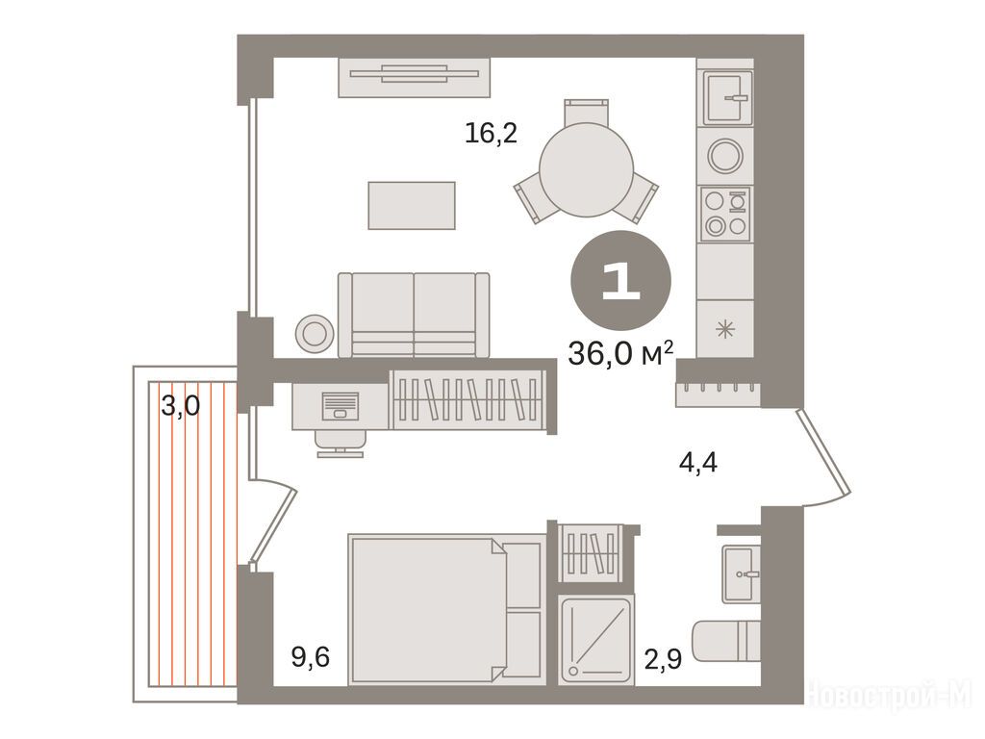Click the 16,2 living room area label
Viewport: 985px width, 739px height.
492,133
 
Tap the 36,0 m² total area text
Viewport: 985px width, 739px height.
620,354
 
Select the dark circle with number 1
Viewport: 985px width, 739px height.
620,280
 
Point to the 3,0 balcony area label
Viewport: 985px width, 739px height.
180,405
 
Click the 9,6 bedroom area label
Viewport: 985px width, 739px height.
311,658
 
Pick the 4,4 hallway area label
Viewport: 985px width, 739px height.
698,463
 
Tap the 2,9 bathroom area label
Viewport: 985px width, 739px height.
664,659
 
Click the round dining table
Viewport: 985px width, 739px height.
587,169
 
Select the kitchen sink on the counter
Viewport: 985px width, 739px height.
727,98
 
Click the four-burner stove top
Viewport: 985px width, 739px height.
726,214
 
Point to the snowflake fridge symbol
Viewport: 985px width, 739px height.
725,329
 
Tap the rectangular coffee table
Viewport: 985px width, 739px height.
412,206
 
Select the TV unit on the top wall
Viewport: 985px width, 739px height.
414,77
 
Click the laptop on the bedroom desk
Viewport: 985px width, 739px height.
340,406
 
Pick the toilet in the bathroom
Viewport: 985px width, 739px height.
726,641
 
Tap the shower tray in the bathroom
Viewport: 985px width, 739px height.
595,640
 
